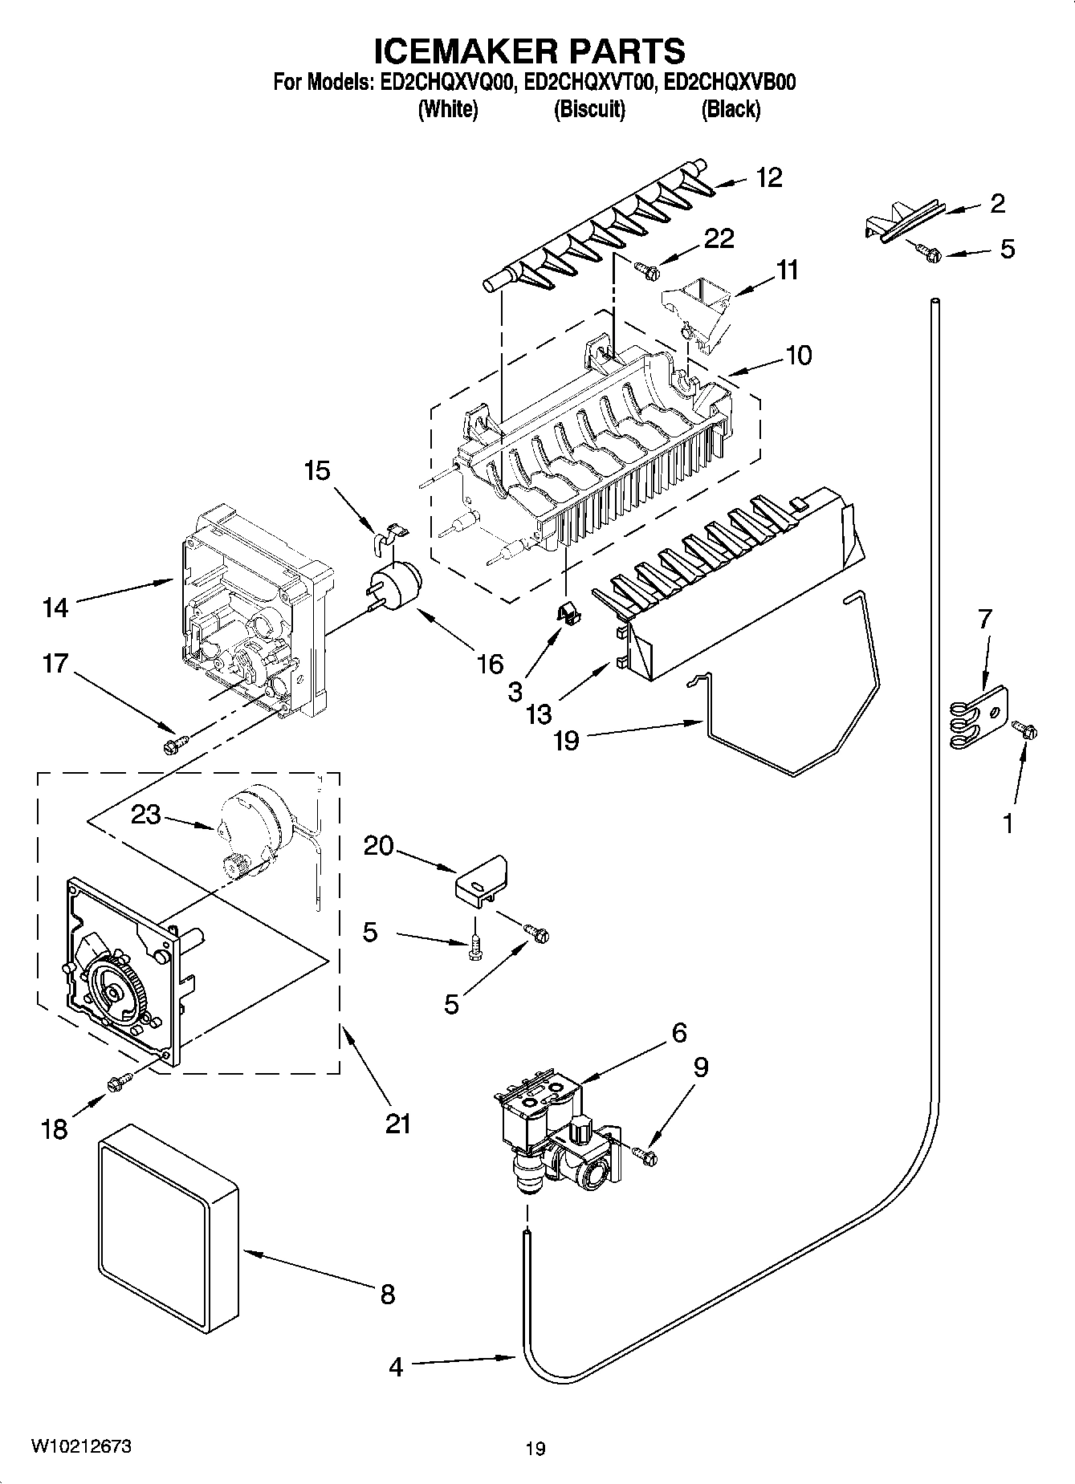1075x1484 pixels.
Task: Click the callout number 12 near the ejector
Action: tap(768, 177)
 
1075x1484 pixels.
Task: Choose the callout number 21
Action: tap(397, 1123)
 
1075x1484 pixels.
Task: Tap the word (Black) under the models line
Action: tap(730, 110)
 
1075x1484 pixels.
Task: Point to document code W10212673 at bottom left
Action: tap(82, 1446)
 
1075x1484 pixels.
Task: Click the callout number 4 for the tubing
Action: tap(396, 1367)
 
